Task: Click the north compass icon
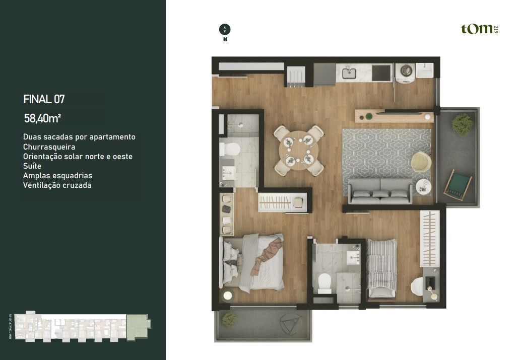pyautogui.click(x=225, y=29)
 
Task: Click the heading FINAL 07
pyautogui.click(x=44, y=99)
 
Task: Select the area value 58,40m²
pyautogui.click(x=43, y=118)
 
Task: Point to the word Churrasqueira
pyautogui.click(x=49, y=147)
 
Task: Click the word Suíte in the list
pyautogui.click(x=32, y=166)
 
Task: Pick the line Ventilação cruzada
pyautogui.click(x=57, y=185)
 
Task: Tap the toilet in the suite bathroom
pyautogui.click(x=231, y=150)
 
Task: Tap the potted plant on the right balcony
pyautogui.click(x=462, y=123)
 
